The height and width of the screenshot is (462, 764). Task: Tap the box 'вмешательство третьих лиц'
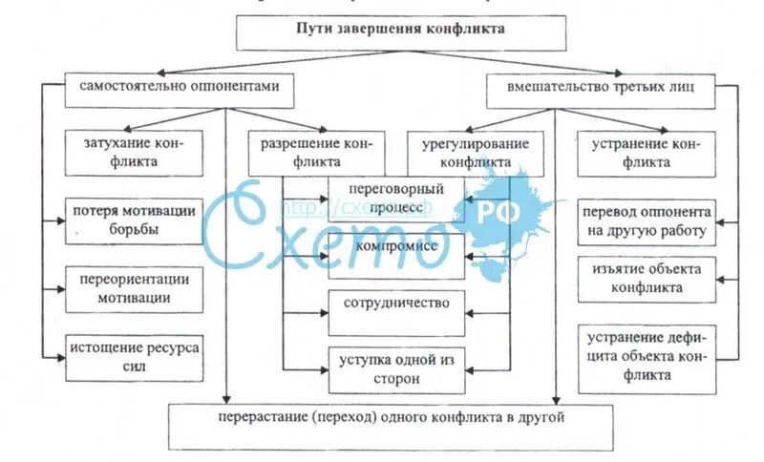click(602, 88)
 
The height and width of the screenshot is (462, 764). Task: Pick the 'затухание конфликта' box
click(134, 152)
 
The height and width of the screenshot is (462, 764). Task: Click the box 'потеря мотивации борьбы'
click(134, 220)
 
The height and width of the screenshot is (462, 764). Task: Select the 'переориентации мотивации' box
click(134, 287)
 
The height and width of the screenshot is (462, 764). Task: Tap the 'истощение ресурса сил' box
click(134, 356)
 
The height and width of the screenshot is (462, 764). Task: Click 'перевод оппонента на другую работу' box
click(647, 221)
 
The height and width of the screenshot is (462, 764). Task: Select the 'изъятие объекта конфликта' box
click(647, 278)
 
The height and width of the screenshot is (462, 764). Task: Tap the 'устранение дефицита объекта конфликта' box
click(647, 357)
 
